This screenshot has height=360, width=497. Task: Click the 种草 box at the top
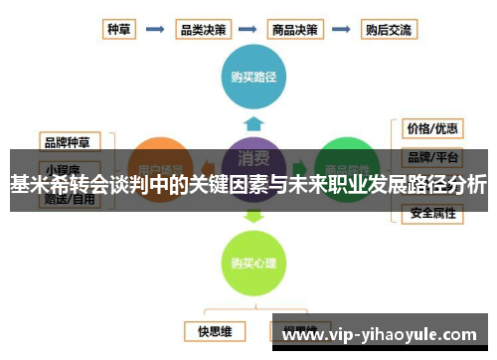[x=118, y=30]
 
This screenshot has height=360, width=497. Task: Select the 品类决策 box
[x=202, y=30]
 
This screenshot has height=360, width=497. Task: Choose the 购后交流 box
[x=387, y=30]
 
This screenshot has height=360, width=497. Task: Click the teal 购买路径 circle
[x=252, y=76]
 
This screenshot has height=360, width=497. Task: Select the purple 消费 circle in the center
[x=252, y=159]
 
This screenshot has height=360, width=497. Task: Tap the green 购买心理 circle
[x=252, y=263]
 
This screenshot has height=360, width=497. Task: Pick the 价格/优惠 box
[x=431, y=129]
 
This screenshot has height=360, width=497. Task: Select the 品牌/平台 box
[x=431, y=157]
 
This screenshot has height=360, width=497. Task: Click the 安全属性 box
[x=431, y=212]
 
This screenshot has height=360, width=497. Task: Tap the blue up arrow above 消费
[x=252, y=123]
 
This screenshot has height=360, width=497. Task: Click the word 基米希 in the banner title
[x=36, y=184]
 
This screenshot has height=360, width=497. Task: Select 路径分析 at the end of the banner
[x=447, y=184]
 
